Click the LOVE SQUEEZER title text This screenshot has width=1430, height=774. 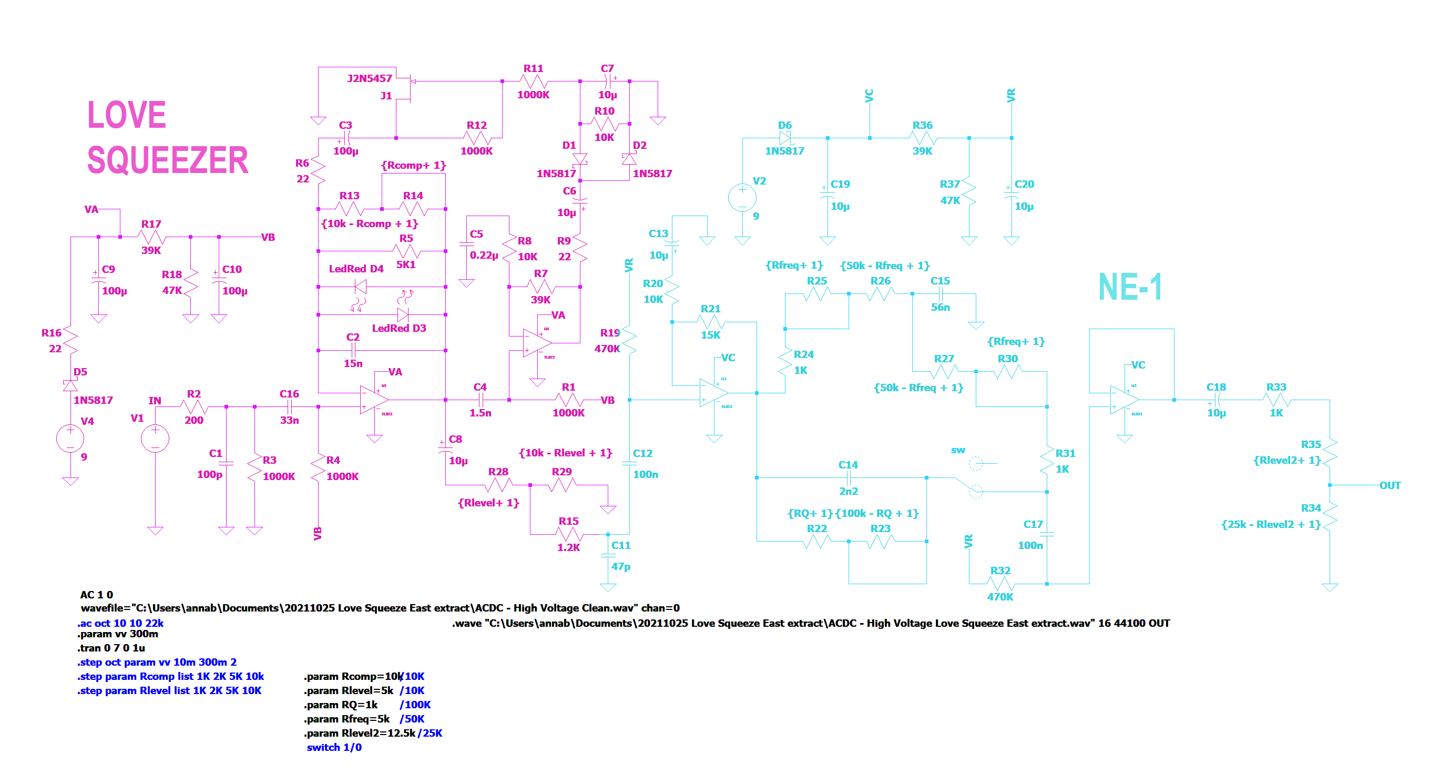tap(167, 137)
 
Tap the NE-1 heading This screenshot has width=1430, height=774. tap(1130, 287)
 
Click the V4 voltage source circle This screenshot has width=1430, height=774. tap(70, 439)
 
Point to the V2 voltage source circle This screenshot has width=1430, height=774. tap(742, 198)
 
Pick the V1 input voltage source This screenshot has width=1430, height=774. tap(155, 439)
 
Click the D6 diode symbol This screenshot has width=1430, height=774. tap(785, 138)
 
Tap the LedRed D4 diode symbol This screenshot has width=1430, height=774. tap(361, 287)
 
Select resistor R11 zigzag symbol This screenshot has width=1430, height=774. tap(533, 81)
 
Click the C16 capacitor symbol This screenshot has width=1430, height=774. tap(289, 406)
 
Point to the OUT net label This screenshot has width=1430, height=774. tap(1390, 485)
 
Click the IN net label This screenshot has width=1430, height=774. tap(155, 400)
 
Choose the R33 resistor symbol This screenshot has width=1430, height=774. tap(1276, 400)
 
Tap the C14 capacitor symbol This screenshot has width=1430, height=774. tap(848, 477)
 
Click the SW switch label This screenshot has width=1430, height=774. tap(958, 450)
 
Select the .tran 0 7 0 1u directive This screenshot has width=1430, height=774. tap(111, 648)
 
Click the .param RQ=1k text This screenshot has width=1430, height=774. tap(341, 705)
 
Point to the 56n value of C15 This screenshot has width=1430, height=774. tap(941, 307)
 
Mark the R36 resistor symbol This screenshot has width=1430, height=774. tap(923, 138)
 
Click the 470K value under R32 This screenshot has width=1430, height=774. tap(1000, 597)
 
